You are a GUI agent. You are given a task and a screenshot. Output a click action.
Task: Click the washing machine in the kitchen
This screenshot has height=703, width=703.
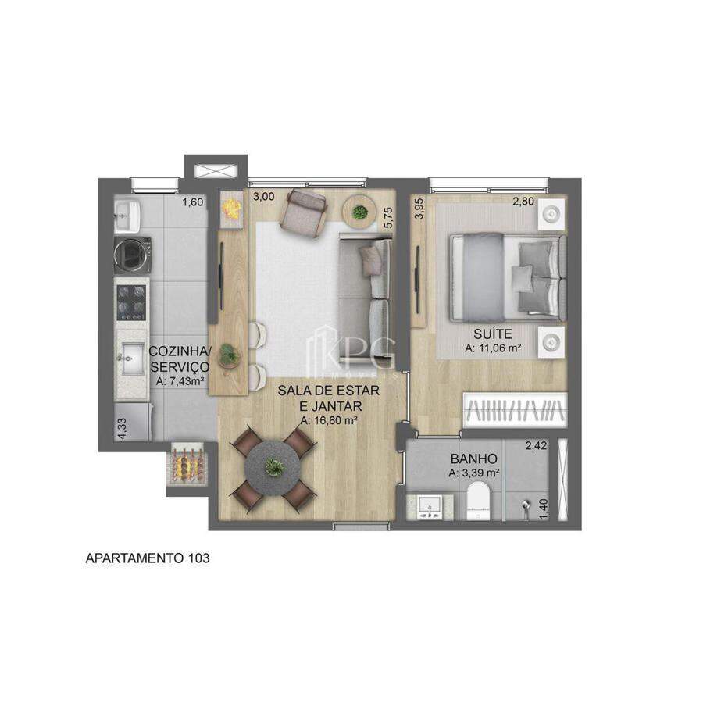click(132, 255)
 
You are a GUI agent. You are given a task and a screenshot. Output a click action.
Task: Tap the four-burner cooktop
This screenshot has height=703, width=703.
click(131, 302)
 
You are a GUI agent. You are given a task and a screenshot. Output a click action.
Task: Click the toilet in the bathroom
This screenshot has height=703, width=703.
click(479, 501)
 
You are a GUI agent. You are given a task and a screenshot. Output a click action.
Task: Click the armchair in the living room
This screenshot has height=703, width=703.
click(303, 211)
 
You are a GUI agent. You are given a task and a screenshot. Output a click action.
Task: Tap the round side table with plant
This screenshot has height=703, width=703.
click(359, 211)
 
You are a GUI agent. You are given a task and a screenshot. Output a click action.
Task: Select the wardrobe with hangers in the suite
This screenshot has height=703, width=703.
click(515, 410)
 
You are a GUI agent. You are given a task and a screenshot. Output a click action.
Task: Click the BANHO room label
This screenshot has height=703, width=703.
click(474, 459)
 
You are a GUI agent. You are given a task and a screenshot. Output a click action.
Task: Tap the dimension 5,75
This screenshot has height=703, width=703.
click(388, 217)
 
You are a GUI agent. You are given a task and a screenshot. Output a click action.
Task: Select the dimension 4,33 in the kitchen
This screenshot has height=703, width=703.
click(122, 429)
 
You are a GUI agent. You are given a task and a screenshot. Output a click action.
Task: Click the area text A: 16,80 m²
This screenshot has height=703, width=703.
click(329, 421)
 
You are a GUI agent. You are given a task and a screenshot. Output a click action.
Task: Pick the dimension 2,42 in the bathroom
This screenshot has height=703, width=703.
click(536, 446)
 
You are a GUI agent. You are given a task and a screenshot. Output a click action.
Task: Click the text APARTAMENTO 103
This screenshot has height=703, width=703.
click(148, 558)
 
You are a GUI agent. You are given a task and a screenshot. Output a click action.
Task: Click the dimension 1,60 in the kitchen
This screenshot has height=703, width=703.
click(192, 202)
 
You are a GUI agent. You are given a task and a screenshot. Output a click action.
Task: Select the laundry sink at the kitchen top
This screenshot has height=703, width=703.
click(127, 216)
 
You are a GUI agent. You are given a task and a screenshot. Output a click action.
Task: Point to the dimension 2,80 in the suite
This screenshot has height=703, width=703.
click(523, 202)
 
